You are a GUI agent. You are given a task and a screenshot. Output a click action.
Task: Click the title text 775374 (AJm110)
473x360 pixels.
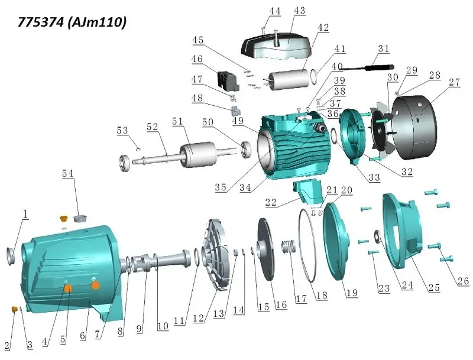point(72,22)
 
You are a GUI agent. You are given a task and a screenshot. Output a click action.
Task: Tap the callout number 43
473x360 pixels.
point(299,11)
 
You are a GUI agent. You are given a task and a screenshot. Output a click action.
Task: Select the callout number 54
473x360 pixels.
point(67,173)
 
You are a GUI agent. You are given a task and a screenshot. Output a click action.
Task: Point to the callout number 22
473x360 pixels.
point(271,202)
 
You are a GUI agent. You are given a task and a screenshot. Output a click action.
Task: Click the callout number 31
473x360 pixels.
point(383,49)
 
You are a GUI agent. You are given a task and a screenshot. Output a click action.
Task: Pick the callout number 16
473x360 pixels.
point(281,305)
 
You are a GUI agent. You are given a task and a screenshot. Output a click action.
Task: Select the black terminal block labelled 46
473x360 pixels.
point(228,80)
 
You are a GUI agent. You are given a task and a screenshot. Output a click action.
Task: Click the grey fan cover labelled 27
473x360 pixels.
point(414,127)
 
